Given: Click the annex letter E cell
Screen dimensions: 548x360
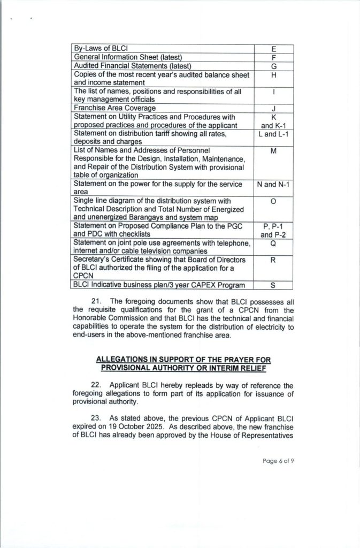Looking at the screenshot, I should (273, 49).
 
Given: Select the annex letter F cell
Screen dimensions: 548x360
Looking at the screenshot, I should (273, 57).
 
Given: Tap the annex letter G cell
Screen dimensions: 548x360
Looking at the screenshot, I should (273, 66).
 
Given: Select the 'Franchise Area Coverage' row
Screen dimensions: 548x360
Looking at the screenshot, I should (114, 108).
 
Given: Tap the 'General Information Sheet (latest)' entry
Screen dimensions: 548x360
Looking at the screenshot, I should (128, 57).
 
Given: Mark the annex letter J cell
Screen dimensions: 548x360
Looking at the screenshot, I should (273, 108).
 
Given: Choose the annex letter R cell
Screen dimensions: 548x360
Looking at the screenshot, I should (273, 260).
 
